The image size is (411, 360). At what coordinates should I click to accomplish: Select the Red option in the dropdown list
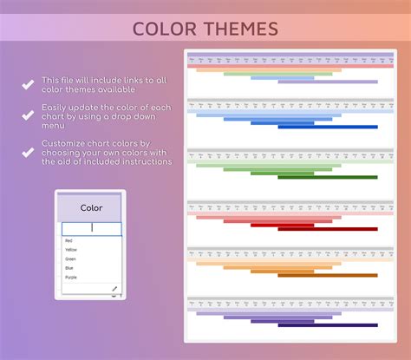point(68,240)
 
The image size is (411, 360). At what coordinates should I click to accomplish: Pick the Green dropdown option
point(70,259)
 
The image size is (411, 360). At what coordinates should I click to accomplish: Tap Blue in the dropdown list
point(69,267)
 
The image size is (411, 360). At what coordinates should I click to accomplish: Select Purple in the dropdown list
point(71,277)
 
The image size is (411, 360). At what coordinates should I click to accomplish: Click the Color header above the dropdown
point(91,208)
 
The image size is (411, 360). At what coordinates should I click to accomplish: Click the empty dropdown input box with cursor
point(91,228)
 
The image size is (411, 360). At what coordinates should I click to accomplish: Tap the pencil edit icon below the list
point(114,288)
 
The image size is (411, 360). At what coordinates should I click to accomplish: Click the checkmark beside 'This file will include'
point(28,85)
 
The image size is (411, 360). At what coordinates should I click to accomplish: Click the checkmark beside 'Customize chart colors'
point(28,152)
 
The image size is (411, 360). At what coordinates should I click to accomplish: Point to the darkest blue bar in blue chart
point(328,127)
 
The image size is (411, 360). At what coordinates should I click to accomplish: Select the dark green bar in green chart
point(328,177)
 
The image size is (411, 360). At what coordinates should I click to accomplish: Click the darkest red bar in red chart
point(328,228)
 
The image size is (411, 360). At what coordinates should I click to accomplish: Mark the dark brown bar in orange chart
point(328,275)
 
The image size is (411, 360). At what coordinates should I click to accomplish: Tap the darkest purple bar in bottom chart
point(328,325)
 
